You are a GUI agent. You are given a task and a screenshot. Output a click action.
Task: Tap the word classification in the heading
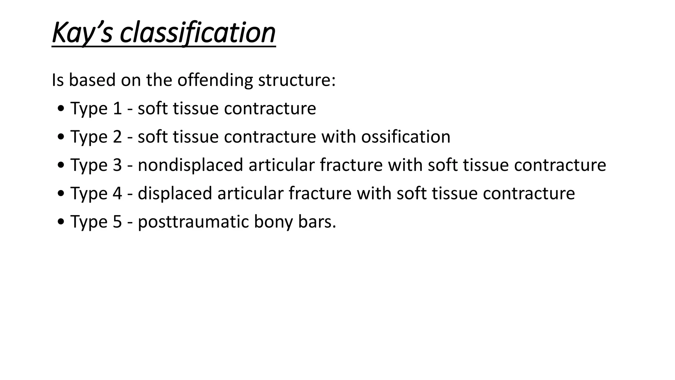[x=197, y=33]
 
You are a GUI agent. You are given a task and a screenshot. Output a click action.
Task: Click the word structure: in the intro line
[x=297, y=80]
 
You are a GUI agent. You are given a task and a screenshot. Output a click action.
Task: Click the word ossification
[x=405, y=137]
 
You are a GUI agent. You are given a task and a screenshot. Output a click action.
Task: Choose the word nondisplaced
[x=190, y=165]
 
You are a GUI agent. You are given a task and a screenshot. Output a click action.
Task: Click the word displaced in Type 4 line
[x=175, y=193]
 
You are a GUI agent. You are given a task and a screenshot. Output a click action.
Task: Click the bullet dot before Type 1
[x=61, y=109]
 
